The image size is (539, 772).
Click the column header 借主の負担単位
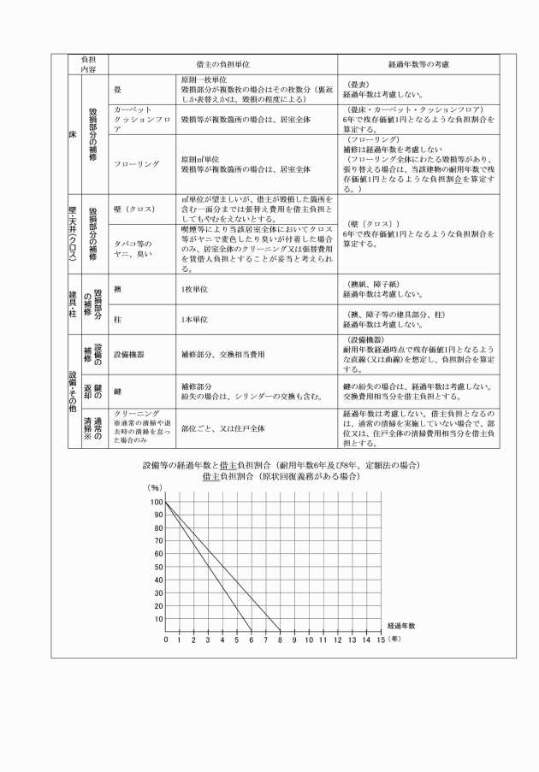pyautogui.click(x=222, y=64)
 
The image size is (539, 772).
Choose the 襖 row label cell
pyautogui.click(x=117, y=290)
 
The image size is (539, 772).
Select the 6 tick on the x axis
pyautogui.click(x=251, y=639)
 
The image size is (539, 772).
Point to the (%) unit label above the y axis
pyautogui.click(x=156, y=486)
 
